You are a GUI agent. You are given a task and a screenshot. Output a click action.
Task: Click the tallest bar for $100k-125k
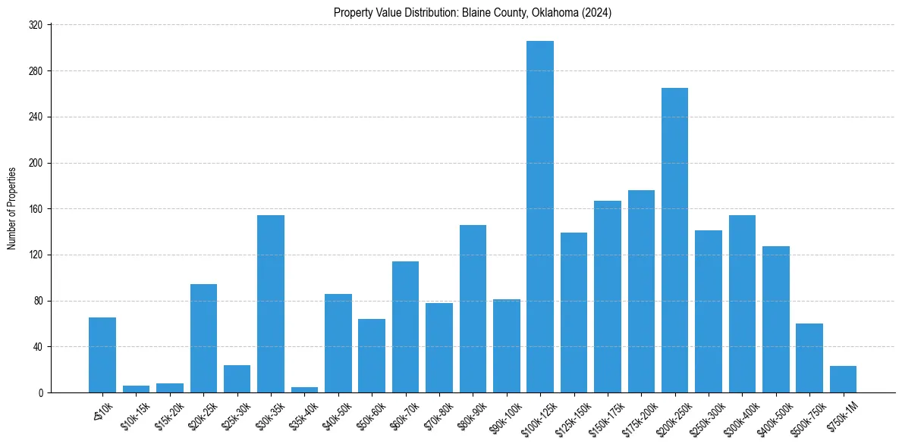pyautogui.click(x=540, y=217)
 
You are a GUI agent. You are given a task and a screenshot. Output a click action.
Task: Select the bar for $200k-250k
pyautogui.click(x=674, y=240)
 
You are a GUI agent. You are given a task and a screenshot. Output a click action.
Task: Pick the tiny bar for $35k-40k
pyautogui.click(x=304, y=389)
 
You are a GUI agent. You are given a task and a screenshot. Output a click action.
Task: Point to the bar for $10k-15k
pyautogui.click(x=137, y=389)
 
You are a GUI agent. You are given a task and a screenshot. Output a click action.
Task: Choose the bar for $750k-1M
pyautogui.click(x=843, y=380)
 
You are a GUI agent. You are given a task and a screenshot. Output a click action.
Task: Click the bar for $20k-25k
pyautogui.click(x=203, y=339)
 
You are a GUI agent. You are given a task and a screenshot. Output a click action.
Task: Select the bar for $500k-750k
pyautogui.click(x=809, y=358)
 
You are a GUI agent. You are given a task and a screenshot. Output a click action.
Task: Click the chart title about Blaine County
pyautogui.click(x=473, y=13)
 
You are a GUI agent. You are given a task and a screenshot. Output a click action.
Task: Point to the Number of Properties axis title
pyautogui.click(x=12, y=209)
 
